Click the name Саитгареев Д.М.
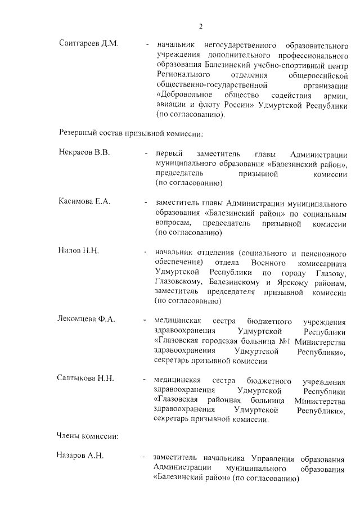88,44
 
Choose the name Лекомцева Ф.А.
87,319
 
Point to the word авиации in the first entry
171,105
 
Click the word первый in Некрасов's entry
168,154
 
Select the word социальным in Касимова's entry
326,213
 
